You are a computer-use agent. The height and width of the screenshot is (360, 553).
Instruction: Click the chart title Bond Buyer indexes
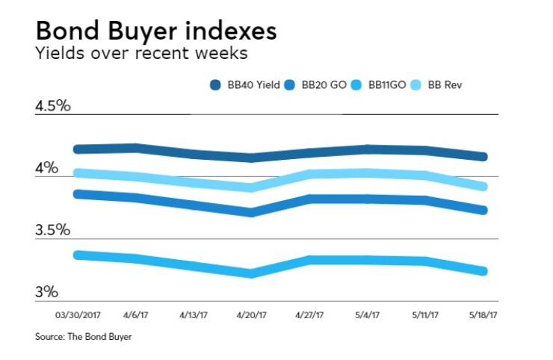[x=156, y=31]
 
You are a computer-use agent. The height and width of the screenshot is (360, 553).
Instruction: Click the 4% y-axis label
[x=46, y=168]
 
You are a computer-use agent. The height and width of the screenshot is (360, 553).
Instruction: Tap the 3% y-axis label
[x=46, y=292]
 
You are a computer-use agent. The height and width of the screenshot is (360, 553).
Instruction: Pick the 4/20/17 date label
[x=251, y=315]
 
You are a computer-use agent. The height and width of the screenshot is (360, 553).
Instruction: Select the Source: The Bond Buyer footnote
[x=83, y=338]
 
